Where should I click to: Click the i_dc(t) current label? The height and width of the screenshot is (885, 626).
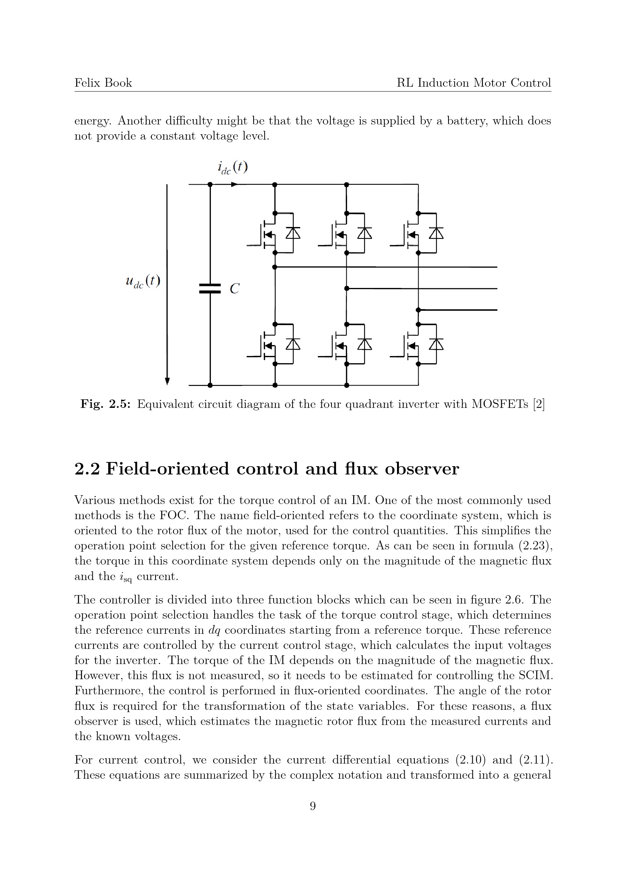(x=232, y=167)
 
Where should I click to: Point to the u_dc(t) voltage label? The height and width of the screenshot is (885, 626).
(x=143, y=282)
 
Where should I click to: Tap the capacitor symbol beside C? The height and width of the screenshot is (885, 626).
(x=210, y=288)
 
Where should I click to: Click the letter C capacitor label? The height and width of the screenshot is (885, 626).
(x=234, y=289)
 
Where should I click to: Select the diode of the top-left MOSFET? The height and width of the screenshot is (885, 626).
(x=293, y=233)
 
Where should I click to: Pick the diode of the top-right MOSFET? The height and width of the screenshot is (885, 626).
(x=436, y=233)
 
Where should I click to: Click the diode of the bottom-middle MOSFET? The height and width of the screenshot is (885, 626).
(x=364, y=344)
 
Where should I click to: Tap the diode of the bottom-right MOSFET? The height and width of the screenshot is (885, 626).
(x=436, y=344)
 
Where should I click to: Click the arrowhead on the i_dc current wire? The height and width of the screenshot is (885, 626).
(x=234, y=184)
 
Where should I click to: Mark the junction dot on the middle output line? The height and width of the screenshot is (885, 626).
(x=347, y=288)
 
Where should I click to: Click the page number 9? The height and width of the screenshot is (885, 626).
(x=313, y=806)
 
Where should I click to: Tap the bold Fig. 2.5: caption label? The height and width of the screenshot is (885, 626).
(x=105, y=404)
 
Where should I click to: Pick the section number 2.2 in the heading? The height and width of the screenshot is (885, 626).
(x=87, y=469)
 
